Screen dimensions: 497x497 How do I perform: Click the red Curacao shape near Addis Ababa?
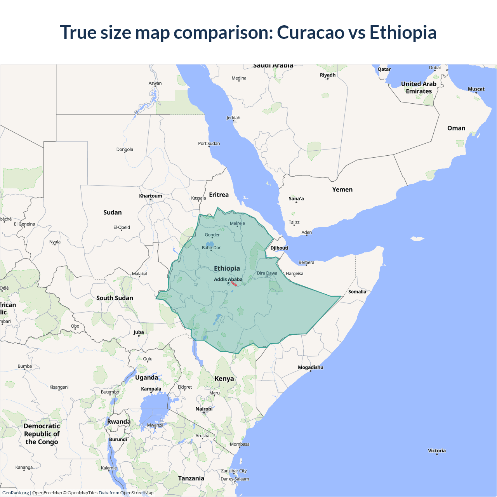[x=234, y=284]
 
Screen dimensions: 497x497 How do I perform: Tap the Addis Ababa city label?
[x=228, y=279]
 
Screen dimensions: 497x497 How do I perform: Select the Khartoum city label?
[x=151, y=196]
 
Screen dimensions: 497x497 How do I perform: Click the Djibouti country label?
[x=279, y=248]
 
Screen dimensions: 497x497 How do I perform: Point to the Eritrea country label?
[x=219, y=195]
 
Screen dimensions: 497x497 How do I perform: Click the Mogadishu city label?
[x=310, y=367]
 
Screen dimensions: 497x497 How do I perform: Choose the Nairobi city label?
[x=204, y=409]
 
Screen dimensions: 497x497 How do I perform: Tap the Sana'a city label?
[x=296, y=198]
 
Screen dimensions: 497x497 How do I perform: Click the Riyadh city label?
[x=327, y=75]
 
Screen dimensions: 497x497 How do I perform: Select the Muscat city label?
[x=476, y=89]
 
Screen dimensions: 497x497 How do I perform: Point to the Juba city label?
[x=139, y=332]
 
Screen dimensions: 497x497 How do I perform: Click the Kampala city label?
[x=151, y=389]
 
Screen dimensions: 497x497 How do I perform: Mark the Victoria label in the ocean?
[x=437, y=450]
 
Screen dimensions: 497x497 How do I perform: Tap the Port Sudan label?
[x=209, y=143]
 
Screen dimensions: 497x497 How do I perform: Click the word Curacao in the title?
[x=310, y=32]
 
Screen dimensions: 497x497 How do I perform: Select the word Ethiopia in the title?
[x=403, y=32]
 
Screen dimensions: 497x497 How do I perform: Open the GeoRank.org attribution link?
[x=16, y=493]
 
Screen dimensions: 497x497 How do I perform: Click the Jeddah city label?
[x=233, y=118]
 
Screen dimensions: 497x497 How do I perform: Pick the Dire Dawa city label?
[x=267, y=273]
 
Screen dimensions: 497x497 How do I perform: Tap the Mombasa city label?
[x=240, y=444]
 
